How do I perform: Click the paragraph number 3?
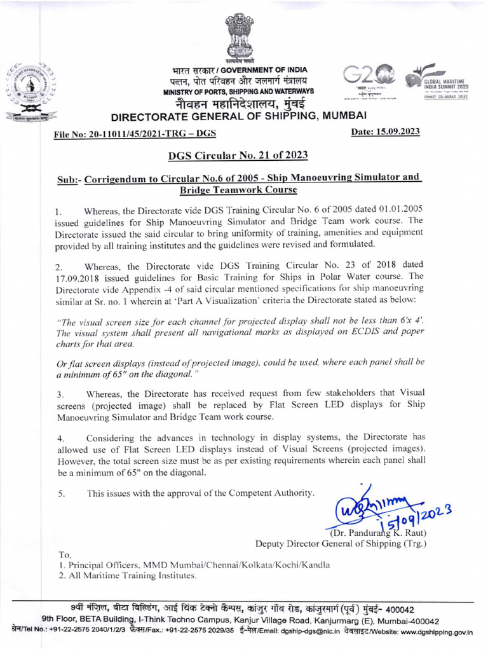[x=59, y=395]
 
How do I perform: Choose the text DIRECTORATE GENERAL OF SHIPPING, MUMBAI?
[x=239, y=117]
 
